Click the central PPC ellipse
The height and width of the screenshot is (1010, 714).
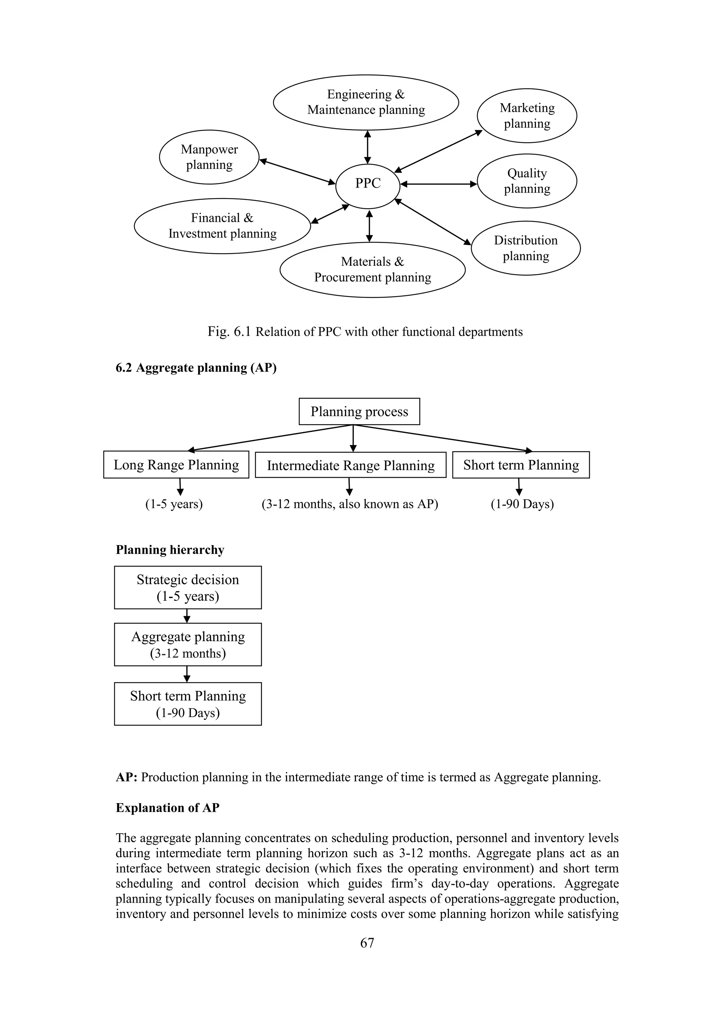pyautogui.click(x=367, y=185)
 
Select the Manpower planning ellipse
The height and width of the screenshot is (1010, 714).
pyautogui.click(x=209, y=157)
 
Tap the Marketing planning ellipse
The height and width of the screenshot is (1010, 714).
pyautogui.click(x=527, y=116)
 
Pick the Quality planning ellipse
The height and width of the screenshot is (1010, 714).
pyautogui.click(x=527, y=181)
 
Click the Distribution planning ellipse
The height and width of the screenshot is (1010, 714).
pyautogui.click(x=525, y=248)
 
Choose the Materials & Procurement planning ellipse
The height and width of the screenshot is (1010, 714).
pyautogui.click(x=372, y=270)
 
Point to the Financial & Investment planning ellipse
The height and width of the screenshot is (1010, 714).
pyautogui.click(x=222, y=226)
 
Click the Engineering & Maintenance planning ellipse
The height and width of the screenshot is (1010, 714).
pyautogui.click(x=366, y=102)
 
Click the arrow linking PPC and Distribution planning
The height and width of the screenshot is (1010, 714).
pyautogui.click(x=433, y=222)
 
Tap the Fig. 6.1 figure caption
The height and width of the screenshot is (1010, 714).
pyautogui.click(x=365, y=332)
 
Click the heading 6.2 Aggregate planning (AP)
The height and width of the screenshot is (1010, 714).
pyautogui.click(x=196, y=368)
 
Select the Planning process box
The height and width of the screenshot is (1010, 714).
pyautogui.click(x=359, y=411)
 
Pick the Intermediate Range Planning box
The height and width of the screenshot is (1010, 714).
pyautogui.click(x=350, y=465)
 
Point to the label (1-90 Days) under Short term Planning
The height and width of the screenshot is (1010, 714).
pyautogui.click(x=522, y=504)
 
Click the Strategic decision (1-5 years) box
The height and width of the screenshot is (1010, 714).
pyautogui.click(x=188, y=587)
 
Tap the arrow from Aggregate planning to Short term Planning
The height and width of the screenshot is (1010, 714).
pyautogui.click(x=187, y=674)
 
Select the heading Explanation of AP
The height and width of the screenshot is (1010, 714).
pyautogui.click(x=167, y=808)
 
